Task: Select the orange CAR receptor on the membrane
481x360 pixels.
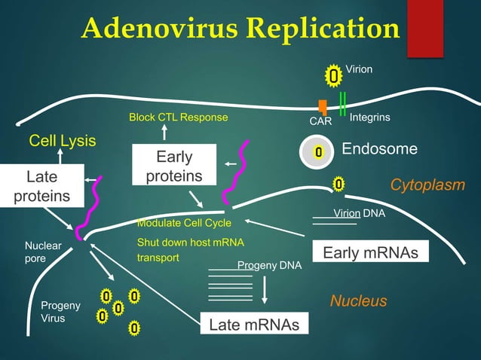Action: point(323,108)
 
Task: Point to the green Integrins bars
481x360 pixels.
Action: point(343,103)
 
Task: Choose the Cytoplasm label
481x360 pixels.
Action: point(427,185)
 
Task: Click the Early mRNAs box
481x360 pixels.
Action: point(370,253)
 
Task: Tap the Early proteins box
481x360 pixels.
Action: point(174,166)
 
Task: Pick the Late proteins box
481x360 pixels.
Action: point(41,186)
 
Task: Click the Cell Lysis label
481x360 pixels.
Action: point(57,141)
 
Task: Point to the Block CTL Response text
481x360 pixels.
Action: point(178,118)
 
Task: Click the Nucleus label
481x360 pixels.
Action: point(359,301)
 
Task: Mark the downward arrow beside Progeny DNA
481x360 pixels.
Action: point(265,289)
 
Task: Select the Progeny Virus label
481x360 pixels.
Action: point(54,312)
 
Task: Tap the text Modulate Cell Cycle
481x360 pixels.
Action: point(184,224)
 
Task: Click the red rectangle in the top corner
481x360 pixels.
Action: point(424,28)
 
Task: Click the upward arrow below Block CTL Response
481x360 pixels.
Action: point(164,133)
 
